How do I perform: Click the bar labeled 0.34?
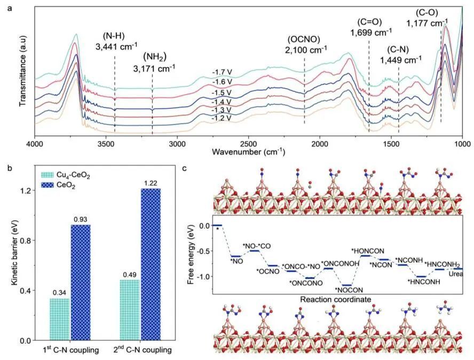59,319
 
